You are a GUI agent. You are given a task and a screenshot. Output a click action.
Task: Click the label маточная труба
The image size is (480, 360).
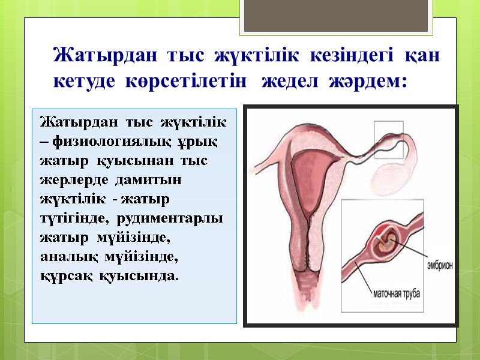pos(396,294)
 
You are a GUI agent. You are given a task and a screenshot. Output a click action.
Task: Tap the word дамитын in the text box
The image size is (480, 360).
pos(125,180)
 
